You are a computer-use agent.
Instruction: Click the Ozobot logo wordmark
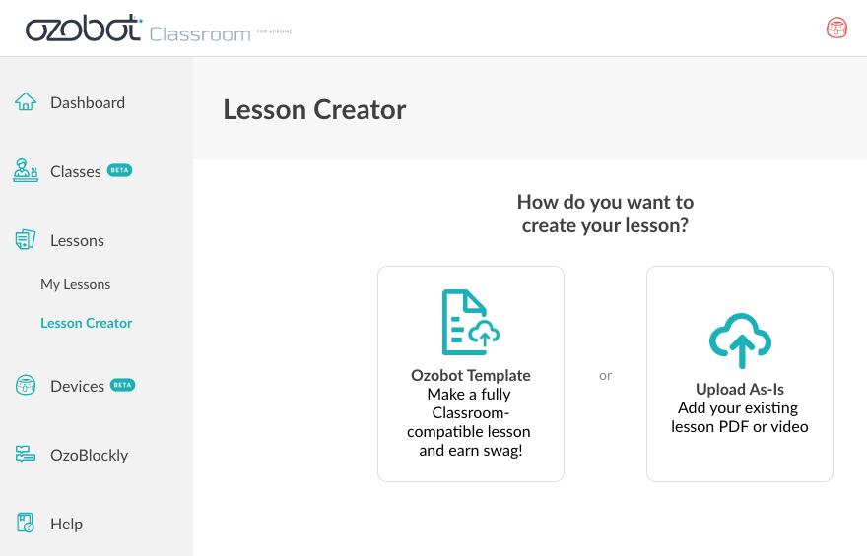tap(84, 29)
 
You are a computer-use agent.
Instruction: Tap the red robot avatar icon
tap(836, 28)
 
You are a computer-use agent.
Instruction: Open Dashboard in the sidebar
tap(88, 102)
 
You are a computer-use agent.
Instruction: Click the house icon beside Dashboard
tap(26, 101)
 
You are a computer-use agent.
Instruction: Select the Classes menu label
tap(75, 171)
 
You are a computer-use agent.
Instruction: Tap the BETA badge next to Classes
tap(119, 170)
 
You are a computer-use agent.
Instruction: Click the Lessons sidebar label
tap(77, 241)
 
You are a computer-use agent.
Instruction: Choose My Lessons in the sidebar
tap(75, 284)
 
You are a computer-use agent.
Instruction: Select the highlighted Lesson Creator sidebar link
tap(87, 323)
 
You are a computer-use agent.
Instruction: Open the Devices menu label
tap(77, 386)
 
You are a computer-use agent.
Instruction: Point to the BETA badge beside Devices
tap(122, 385)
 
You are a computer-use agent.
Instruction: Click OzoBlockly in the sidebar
tap(89, 455)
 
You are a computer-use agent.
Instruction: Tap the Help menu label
tap(66, 524)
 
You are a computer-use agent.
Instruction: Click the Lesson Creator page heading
tap(314, 109)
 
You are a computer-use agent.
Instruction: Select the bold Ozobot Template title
tap(471, 376)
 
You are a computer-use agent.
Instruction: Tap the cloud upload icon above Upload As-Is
tap(740, 340)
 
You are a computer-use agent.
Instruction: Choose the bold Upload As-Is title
tap(740, 390)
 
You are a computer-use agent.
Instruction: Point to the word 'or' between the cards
tap(606, 376)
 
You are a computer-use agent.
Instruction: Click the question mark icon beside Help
tap(26, 523)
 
